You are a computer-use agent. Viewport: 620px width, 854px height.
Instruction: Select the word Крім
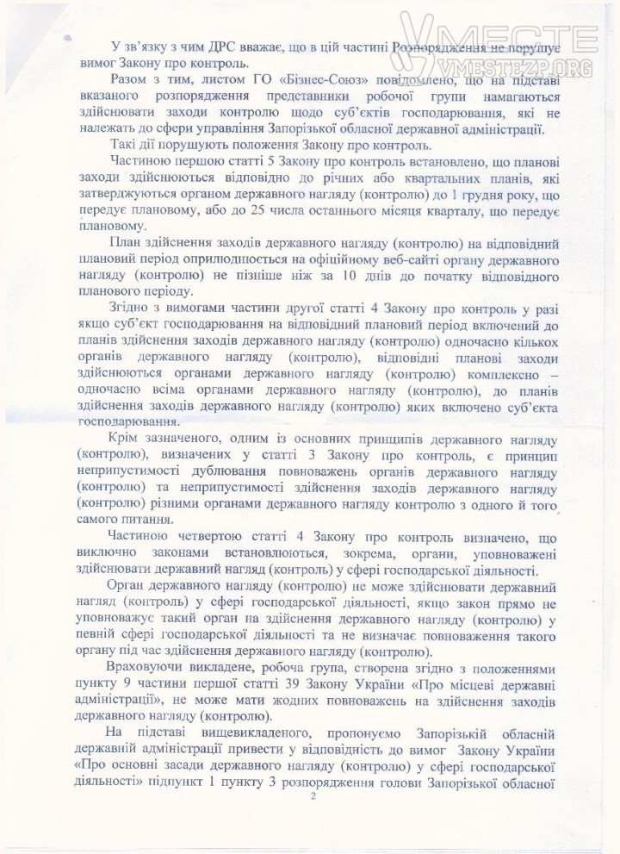coord(128,436)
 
